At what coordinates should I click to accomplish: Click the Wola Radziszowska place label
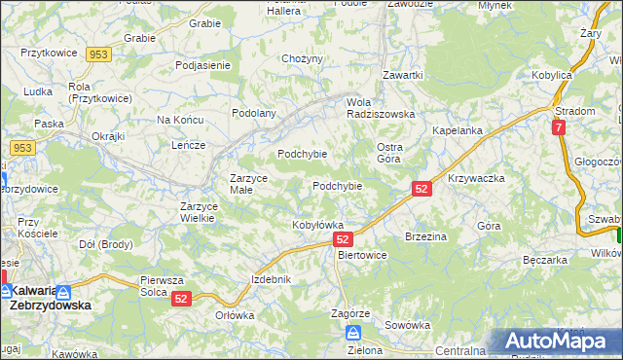pyautogui.click(x=381, y=107)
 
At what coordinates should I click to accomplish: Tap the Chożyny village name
pyautogui.click(x=302, y=59)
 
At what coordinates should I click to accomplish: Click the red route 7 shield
pyautogui.click(x=558, y=127)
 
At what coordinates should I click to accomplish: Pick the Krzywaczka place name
pyautogui.click(x=476, y=179)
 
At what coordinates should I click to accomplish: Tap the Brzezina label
pyautogui.click(x=425, y=236)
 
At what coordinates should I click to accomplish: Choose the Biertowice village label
pyautogui.click(x=361, y=255)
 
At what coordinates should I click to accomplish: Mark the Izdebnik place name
pyautogui.click(x=272, y=279)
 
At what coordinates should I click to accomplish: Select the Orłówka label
pyautogui.click(x=235, y=315)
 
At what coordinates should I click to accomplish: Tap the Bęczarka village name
pyautogui.click(x=544, y=261)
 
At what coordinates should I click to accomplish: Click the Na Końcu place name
pyautogui.click(x=179, y=120)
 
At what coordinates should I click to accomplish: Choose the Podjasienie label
pyautogui.click(x=202, y=65)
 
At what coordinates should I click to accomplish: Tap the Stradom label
pyautogui.click(x=575, y=111)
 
